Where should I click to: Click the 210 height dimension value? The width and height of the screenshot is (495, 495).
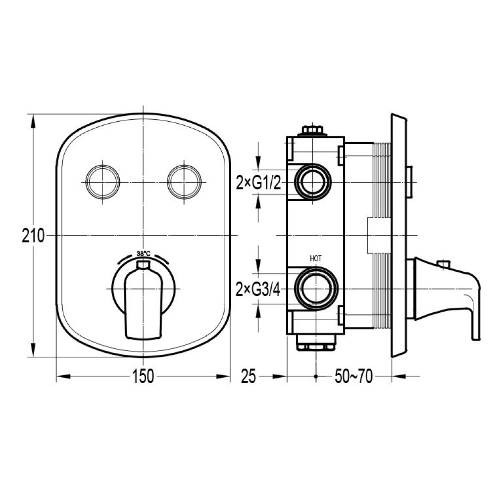[x=33, y=236]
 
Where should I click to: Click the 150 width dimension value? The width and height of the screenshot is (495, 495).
[x=143, y=376]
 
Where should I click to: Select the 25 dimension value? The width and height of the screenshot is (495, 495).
[x=248, y=376]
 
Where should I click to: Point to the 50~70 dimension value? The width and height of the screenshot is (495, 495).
[x=353, y=376]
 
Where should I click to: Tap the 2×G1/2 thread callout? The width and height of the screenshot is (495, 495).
[x=258, y=183]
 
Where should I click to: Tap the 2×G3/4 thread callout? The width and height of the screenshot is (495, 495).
[x=258, y=289]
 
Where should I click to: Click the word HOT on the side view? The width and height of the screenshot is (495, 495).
[x=316, y=258]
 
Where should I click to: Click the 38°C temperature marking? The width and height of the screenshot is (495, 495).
[x=144, y=253]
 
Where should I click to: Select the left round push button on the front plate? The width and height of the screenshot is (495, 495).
[x=103, y=182]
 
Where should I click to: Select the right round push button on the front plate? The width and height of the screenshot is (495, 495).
[x=184, y=182]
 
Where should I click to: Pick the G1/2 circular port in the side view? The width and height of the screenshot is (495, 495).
[x=313, y=182]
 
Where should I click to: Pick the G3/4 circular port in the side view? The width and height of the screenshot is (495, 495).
[x=316, y=289]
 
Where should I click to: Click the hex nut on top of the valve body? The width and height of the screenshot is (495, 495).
[x=312, y=130]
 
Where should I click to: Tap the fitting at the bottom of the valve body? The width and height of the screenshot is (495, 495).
[x=316, y=342]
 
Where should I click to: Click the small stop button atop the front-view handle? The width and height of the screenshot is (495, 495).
[x=144, y=264]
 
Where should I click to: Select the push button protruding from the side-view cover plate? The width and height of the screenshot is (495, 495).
[x=409, y=182]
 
